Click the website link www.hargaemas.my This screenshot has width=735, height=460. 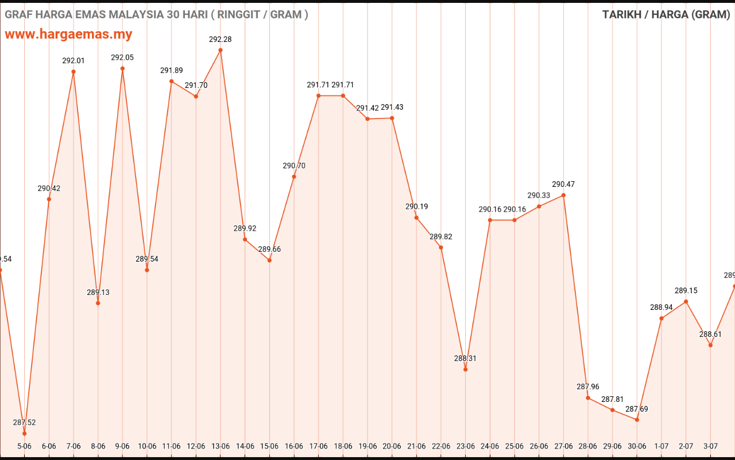pyautogui.click(x=68, y=34)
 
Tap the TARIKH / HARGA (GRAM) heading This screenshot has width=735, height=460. pyautogui.click(x=666, y=14)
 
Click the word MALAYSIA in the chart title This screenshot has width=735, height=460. pyautogui.click(x=136, y=14)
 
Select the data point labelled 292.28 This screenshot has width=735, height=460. pyautogui.click(x=220, y=50)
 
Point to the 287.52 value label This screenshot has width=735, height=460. pyautogui.click(x=24, y=423)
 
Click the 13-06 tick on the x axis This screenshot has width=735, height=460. pyautogui.click(x=220, y=446)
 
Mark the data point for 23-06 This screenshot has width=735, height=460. pyautogui.click(x=465, y=369)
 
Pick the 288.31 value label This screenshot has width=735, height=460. pyautogui.click(x=465, y=358)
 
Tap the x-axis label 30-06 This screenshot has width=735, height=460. pyautogui.click(x=637, y=446)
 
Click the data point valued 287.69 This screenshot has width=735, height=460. pyautogui.click(x=637, y=420)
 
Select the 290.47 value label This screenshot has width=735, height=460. pyautogui.click(x=563, y=185)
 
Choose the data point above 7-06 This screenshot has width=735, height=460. pyautogui.click(x=73, y=72)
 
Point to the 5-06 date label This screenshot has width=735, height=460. pyautogui.click(x=24, y=446)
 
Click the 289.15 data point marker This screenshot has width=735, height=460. pyautogui.click(x=686, y=301)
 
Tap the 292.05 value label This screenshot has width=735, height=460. pyautogui.click(x=122, y=57)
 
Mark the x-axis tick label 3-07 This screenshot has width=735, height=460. pyautogui.click(x=710, y=446)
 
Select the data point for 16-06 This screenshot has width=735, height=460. pyautogui.click(x=294, y=177)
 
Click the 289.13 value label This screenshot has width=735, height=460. pyautogui.click(x=98, y=292)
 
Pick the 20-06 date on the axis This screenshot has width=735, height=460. pyautogui.click(x=392, y=446)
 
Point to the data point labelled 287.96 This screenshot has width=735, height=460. pyautogui.click(x=588, y=398)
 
